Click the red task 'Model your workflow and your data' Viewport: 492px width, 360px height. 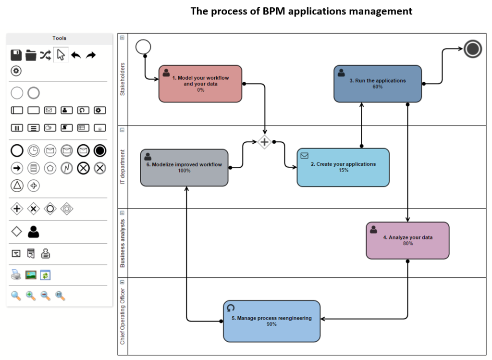point(200,84)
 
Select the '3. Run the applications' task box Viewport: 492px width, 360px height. point(378,84)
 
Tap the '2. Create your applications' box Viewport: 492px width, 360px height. point(343,167)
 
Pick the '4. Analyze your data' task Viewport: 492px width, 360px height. point(407,240)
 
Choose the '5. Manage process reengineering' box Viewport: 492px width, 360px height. point(271,321)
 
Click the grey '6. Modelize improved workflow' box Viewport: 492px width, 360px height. point(184,167)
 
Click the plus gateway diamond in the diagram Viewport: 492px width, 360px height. point(264,142)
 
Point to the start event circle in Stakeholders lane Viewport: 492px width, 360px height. point(143,47)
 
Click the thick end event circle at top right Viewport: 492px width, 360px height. point(473,49)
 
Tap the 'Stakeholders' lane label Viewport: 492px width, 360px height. point(122,79)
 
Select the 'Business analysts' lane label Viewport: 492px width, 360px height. point(122,243)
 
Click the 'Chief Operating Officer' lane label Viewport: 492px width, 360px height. point(122,316)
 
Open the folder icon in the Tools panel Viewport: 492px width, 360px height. point(31,55)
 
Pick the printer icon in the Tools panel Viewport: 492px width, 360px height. point(16,275)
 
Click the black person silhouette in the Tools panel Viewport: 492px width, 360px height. point(33,232)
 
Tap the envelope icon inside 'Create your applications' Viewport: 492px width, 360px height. point(304,155)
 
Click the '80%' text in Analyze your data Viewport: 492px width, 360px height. point(407,243)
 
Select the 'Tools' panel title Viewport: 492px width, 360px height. point(60,38)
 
